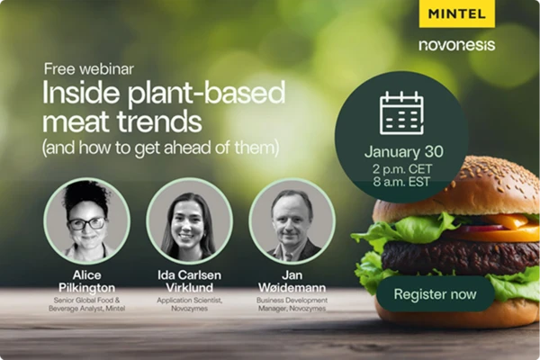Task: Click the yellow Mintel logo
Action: click(x=456, y=13)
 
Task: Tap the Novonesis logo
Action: click(x=457, y=45)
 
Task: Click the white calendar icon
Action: click(x=401, y=113)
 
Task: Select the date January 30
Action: click(x=404, y=152)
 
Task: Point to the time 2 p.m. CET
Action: click(x=402, y=169)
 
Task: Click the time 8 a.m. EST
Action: click(x=401, y=182)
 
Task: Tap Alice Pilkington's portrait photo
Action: click(x=86, y=220)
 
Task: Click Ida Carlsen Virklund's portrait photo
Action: click(x=189, y=220)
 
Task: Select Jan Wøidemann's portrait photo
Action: click(x=292, y=220)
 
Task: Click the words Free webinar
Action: click(x=89, y=69)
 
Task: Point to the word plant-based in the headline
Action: click(x=207, y=94)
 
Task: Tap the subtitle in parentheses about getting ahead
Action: click(x=160, y=148)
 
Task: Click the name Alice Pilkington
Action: click(x=86, y=282)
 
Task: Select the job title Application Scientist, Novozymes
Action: click(x=189, y=304)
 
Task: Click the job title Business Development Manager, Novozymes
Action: click(x=292, y=304)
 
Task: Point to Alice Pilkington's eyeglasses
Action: click(x=86, y=224)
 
